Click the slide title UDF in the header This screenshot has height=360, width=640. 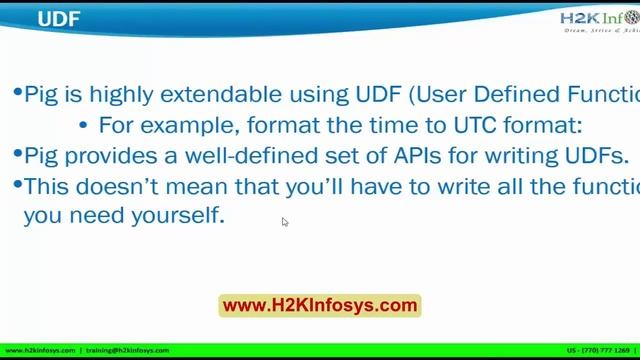[x=59, y=18]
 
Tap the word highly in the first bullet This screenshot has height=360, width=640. [x=130, y=95]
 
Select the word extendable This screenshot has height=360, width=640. [x=227, y=95]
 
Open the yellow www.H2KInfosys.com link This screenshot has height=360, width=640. [x=319, y=305]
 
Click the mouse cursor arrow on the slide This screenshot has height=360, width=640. [x=285, y=222]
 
